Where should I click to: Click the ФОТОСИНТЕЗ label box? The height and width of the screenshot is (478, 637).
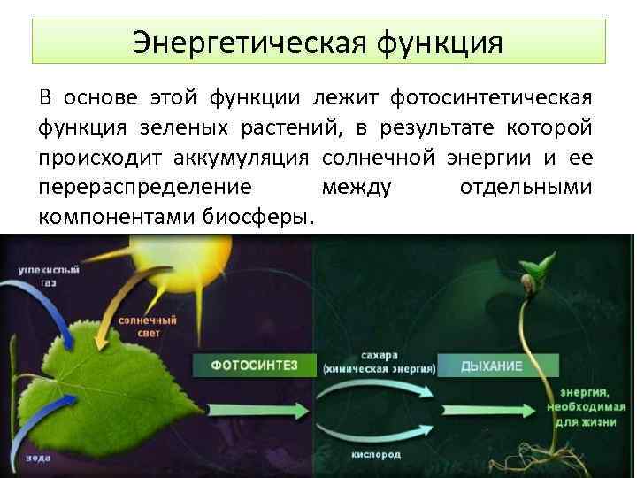[242, 364]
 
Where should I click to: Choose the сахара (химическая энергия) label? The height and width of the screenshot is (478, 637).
[379, 363]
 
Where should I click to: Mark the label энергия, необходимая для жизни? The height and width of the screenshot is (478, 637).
[587, 406]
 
